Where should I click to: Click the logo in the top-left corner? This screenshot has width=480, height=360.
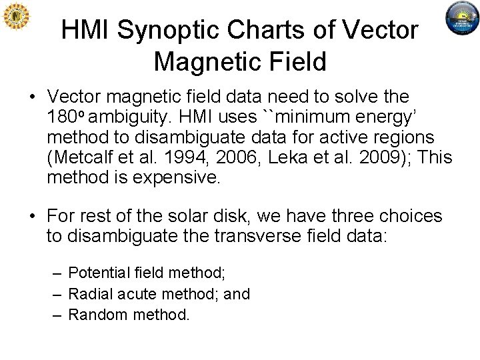point(16,17)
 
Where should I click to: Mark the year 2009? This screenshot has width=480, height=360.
point(359,158)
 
